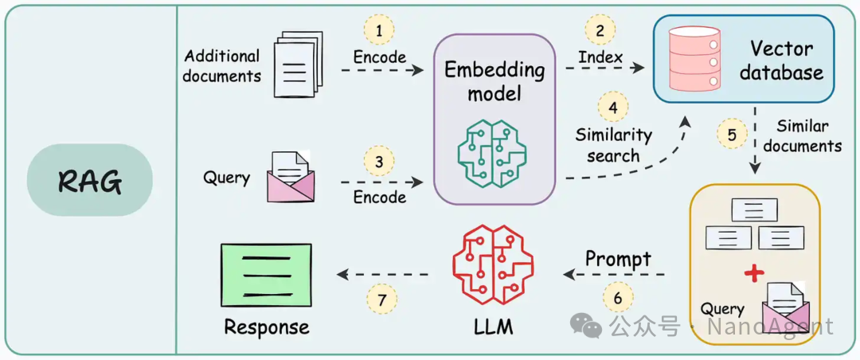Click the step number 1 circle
[x=379, y=30]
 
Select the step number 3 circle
[x=379, y=162]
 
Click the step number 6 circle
[x=618, y=299]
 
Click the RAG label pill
[x=89, y=181]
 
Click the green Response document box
[x=265, y=274]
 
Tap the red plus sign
[x=752, y=274]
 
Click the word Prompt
[x=618, y=259]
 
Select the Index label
[x=600, y=57]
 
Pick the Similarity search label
[x=613, y=145]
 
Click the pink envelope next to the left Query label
[x=290, y=177]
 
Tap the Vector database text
[x=780, y=61]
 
